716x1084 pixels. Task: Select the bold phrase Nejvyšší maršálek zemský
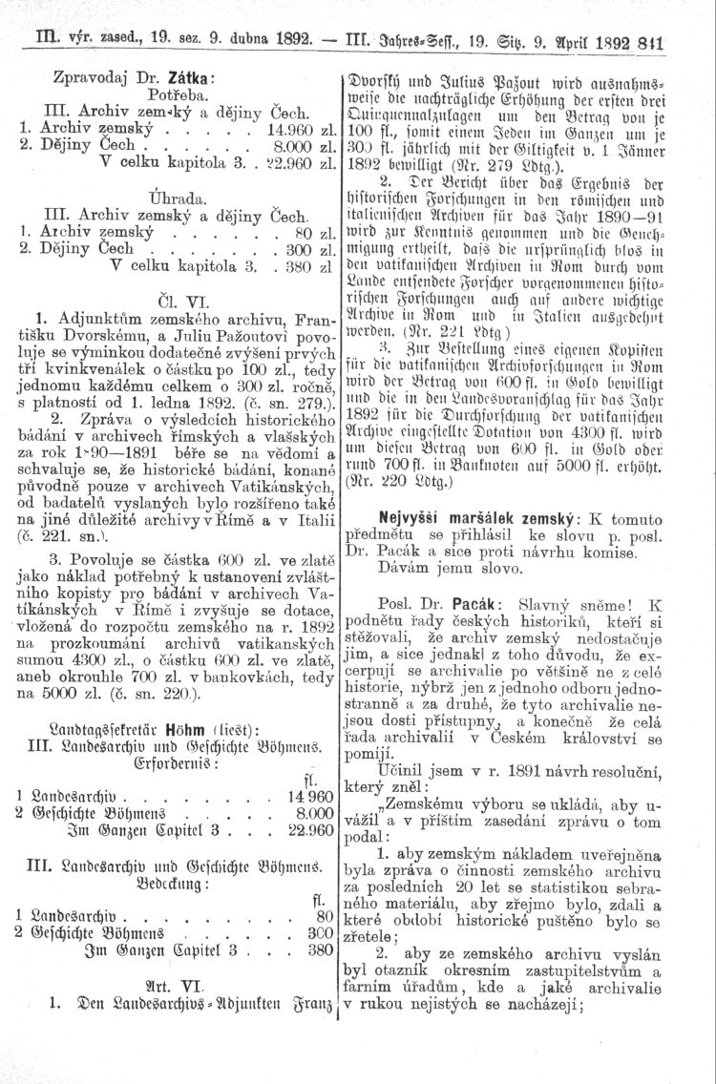coord(461,515)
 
